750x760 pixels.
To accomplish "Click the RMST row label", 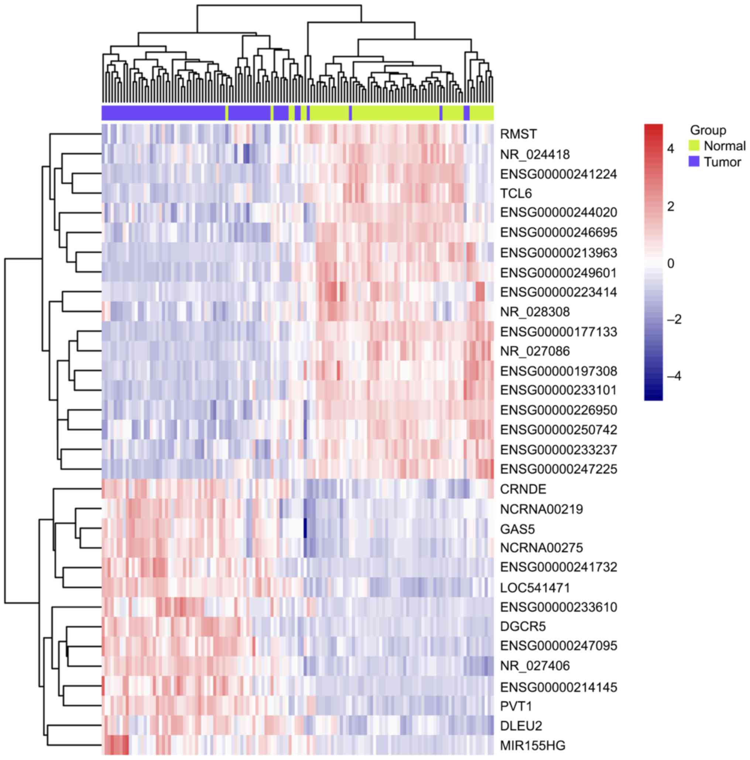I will pyautogui.click(x=518, y=134).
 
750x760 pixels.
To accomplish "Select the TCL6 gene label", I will pyautogui.click(x=516, y=193).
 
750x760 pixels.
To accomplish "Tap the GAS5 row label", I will pyautogui.click(x=517, y=529).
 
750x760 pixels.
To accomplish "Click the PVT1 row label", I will pyautogui.click(x=516, y=706).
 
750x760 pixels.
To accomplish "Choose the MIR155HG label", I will pyautogui.click(x=532, y=746).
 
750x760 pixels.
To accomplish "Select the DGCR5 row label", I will pyautogui.click(x=523, y=626).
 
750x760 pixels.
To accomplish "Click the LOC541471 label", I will pyautogui.click(x=535, y=588).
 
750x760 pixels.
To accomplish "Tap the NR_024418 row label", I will pyautogui.click(x=535, y=154).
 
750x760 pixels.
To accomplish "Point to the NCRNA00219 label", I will pyautogui.click(x=541, y=509).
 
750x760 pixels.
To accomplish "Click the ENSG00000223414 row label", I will pyautogui.click(x=558, y=292).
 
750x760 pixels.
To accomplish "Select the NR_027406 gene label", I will pyautogui.click(x=535, y=666).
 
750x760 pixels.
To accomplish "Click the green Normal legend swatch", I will pyautogui.click(x=694, y=146).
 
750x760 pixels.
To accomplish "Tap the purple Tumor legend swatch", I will pyautogui.click(x=694, y=162).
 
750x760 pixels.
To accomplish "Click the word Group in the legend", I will pyautogui.click(x=708, y=130).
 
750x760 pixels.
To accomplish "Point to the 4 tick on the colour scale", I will pyautogui.click(x=671, y=149).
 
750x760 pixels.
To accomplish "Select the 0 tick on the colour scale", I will pyautogui.click(x=671, y=263).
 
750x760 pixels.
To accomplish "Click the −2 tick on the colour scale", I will pyautogui.click(x=674, y=319).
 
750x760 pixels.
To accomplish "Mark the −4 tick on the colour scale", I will pyautogui.click(x=674, y=376).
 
